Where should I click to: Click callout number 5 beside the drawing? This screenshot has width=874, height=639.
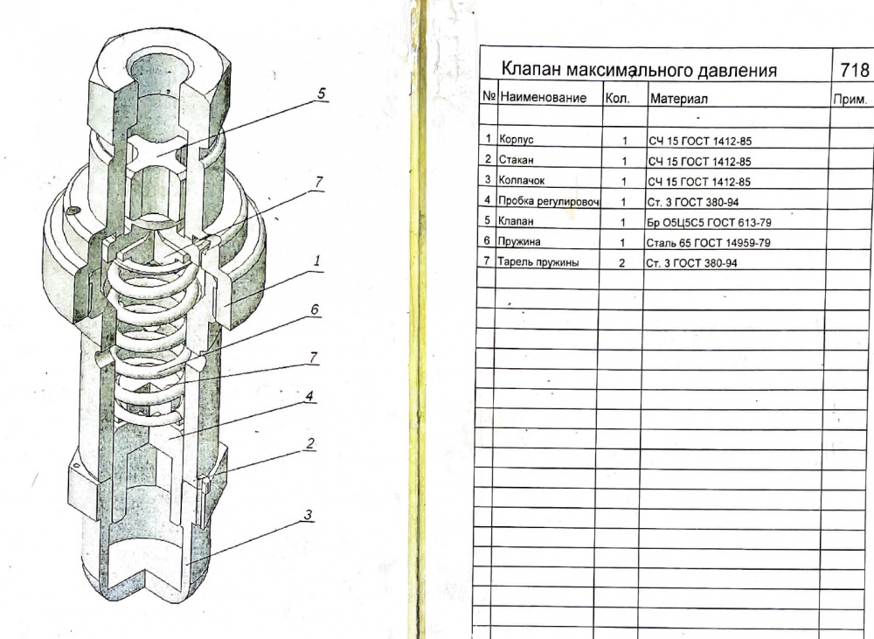(x=322, y=94)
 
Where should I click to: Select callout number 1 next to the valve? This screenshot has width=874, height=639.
(x=317, y=260)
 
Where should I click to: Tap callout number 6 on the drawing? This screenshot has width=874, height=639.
(x=315, y=309)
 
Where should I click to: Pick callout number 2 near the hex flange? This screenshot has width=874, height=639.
(x=310, y=443)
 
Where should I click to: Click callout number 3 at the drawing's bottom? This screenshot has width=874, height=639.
(x=309, y=515)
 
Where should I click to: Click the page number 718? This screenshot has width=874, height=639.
(x=854, y=70)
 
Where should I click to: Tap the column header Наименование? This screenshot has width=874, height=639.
(x=544, y=98)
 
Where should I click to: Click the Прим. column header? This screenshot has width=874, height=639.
(x=850, y=100)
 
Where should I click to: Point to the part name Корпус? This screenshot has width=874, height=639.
(x=517, y=139)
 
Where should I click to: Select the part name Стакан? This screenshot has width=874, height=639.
(x=517, y=160)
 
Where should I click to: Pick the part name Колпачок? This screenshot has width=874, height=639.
(x=521, y=181)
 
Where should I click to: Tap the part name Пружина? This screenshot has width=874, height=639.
(x=519, y=241)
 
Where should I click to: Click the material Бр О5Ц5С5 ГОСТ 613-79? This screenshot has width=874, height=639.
(x=709, y=223)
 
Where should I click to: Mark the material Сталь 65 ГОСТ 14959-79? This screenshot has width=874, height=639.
(x=709, y=243)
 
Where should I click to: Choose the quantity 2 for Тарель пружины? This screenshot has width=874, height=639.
(x=622, y=263)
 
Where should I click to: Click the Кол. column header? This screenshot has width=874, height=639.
(x=618, y=99)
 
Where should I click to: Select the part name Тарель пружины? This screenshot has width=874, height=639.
(x=538, y=262)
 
